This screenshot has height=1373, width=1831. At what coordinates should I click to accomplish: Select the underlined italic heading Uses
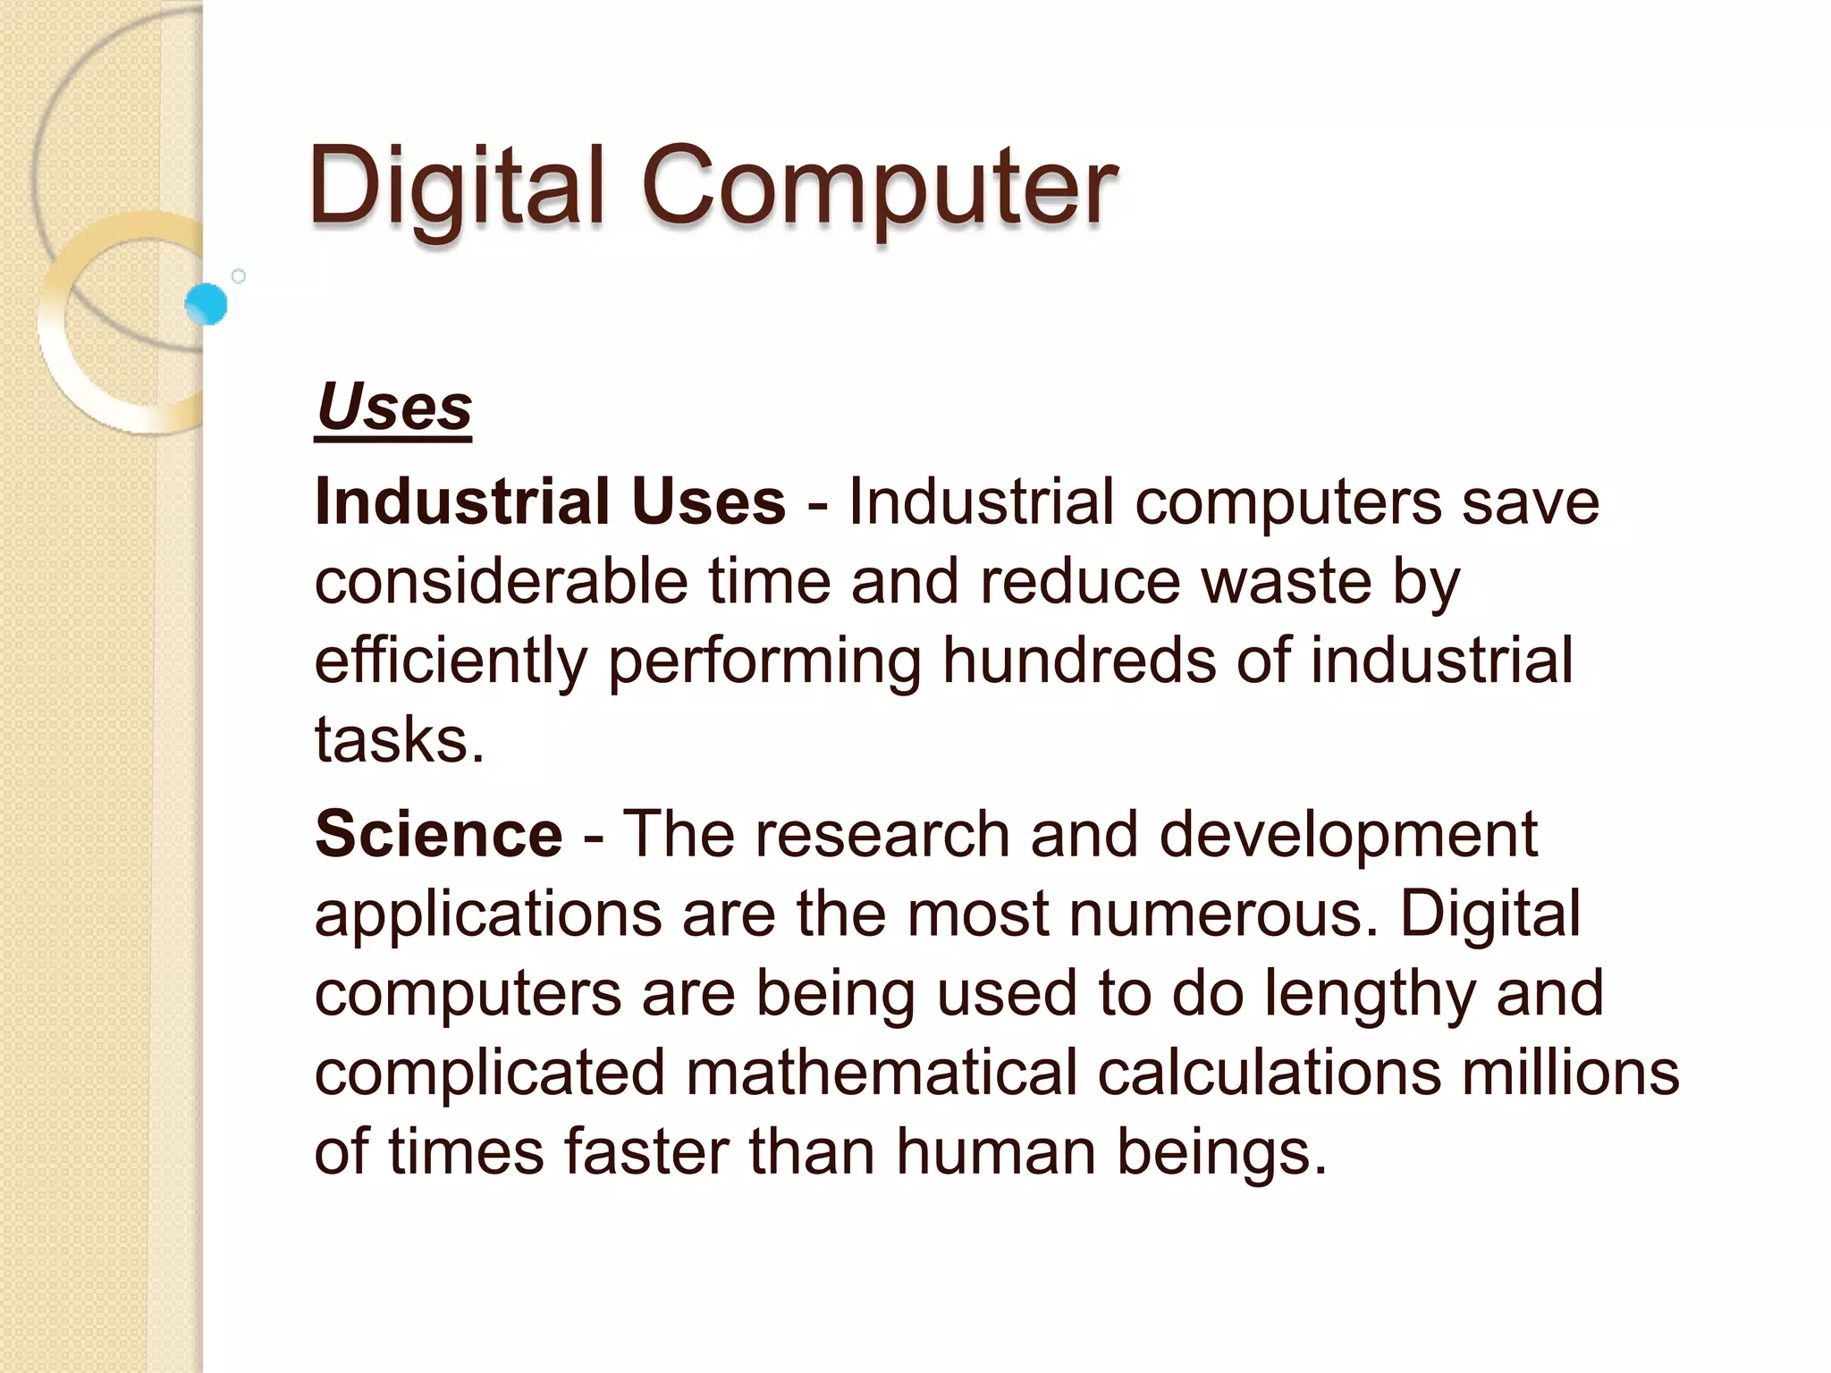coord(393,408)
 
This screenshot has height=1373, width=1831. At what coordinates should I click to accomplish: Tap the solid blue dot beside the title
coord(207,304)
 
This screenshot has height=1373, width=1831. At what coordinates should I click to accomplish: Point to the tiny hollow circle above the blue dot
coord(239,276)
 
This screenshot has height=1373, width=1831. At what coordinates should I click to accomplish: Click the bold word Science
coord(439,834)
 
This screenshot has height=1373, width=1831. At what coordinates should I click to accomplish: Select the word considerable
coord(501,581)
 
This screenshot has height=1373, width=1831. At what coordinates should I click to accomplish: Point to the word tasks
coord(398,740)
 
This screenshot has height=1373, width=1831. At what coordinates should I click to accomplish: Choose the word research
coord(882,834)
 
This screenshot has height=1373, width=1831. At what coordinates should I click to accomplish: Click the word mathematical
coord(882,1072)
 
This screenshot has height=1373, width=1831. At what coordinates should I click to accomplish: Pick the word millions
coord(1571,1072)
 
